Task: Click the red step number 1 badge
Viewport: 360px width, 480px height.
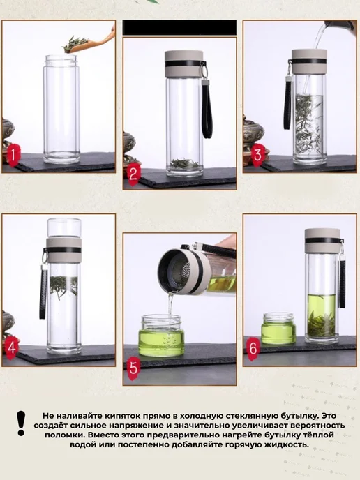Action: pyautogui.click(x=13, y=155)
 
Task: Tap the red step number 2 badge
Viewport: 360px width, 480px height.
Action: pyautogui.click(x=133, y=174)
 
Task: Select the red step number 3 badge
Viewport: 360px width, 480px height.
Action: pyautogui.click(x=258, y=155)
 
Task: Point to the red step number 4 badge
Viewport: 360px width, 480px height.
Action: pyautogui.click(x=12, y=347)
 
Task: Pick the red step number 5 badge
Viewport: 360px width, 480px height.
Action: pyautogui.click(x=134, y=368)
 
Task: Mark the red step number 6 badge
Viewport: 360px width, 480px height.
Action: pyautogui.click(x=253, y=347)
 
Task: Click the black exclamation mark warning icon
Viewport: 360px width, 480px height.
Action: pyautogui.click(x=21, y=423)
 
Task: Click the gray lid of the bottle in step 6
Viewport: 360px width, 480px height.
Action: pyautogui.click(x=322, y=240)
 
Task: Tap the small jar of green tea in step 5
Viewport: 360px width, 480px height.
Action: pyautogui.click(x=161, y=336)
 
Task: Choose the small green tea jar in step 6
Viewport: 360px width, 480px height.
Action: pyautogui.click(x=278, y=328)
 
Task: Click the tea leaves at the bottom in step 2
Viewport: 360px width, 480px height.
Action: pyautogui.click(x=184, y=164)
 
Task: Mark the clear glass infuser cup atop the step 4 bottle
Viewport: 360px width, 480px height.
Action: pyautogui.click(x=64, y=227)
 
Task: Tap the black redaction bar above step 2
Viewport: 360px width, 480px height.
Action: pyautogui.click(x=180, y=27)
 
